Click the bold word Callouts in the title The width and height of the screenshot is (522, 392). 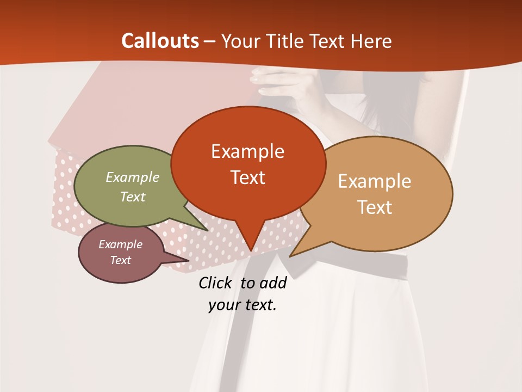point(160,41)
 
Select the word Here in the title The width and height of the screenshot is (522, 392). point(372,41)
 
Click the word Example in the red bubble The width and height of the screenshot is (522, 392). point(247,151)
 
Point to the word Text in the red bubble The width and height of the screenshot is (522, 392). point(247,177)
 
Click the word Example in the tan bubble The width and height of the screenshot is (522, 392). point(375,181)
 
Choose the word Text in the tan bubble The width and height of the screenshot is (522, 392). point(375,207)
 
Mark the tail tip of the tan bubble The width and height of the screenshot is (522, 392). point(291,255)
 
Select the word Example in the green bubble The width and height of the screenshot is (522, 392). point(133,177)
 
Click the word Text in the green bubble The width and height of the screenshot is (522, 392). point(133,197)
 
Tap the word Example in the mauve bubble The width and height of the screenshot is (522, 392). point(120,244)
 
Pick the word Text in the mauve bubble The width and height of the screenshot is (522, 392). point(120,260)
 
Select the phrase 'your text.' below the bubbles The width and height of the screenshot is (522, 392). point(243,305)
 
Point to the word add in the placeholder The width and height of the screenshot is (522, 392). point(272,283)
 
